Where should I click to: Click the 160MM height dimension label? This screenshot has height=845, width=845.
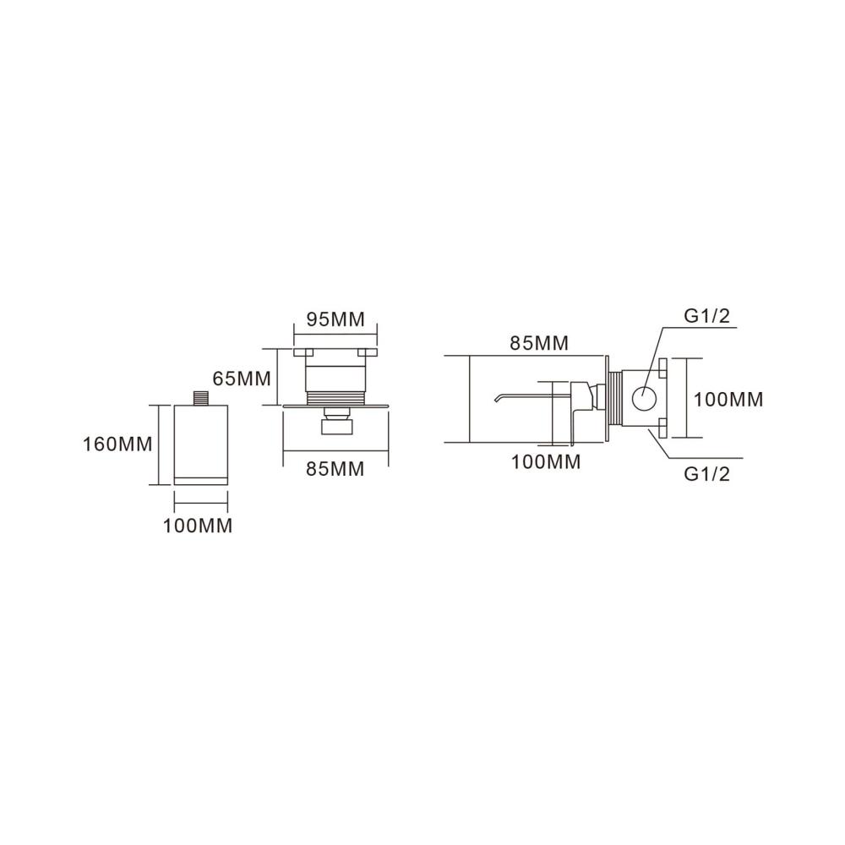click(117, 444)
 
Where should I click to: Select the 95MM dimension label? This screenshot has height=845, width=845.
click(335, 319)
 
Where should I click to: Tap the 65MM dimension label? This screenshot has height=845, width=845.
click(242, 379)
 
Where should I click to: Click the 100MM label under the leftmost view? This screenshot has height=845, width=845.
click(198, 526)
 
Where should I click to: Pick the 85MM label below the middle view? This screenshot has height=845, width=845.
click(335, 469)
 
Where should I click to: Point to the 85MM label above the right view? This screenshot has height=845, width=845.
click(539, 343)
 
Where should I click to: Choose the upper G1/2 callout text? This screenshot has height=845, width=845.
click(706, 315)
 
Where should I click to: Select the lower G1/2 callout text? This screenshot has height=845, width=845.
click(706, 474)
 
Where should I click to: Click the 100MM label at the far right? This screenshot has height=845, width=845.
click(728, 400)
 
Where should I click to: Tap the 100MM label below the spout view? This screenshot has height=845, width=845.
click(546, 462)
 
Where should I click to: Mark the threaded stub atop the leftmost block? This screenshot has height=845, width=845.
click(201, 398)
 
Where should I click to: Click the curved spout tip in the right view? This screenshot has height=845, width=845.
click(498, 398)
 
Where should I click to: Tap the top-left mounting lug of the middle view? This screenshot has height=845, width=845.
click(304, 352)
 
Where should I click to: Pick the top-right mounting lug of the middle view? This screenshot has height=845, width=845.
click(368, 352)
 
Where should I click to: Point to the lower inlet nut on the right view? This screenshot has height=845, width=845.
click(662, 429)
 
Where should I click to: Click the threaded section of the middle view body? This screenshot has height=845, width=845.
click(335, 398)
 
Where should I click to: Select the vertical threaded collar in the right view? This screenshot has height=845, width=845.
click(615, 400)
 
